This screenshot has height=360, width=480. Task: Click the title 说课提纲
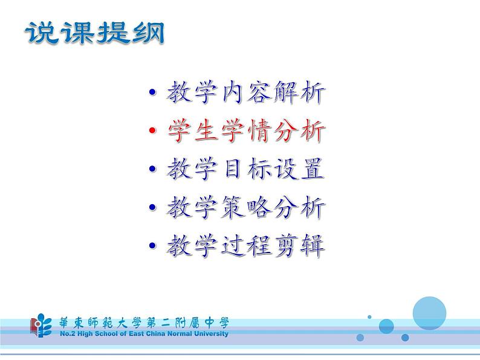point(94,34)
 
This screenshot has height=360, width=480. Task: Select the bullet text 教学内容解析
point(245,93)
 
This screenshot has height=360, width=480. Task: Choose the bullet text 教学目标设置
point(245,169)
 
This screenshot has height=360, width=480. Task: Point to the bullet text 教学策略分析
point(245,208)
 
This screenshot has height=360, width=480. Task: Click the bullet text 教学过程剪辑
point(245,246)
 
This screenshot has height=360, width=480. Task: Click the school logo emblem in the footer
point(41,326)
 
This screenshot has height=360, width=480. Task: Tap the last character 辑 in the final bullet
point(313,246)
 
